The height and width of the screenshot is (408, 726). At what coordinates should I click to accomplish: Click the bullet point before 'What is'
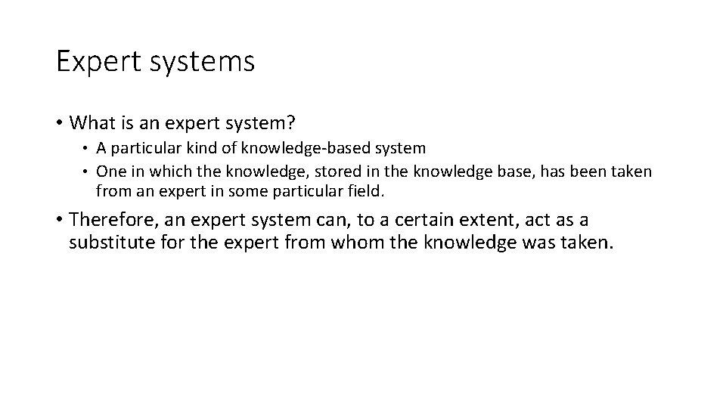60,122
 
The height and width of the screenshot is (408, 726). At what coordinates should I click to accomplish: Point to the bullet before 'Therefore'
60,221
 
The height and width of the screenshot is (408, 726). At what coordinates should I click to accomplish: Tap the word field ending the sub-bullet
368,192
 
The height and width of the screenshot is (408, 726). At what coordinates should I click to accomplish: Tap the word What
91,122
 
